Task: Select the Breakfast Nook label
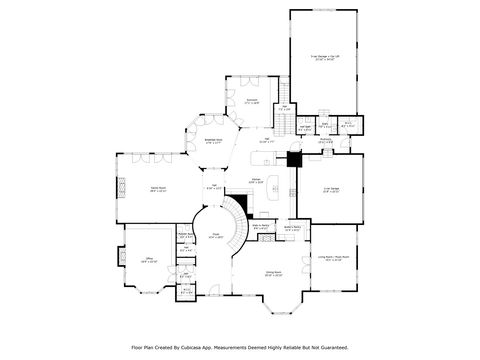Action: point(213,142)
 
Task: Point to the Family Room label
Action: point(158,187)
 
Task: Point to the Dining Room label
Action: point(273,272)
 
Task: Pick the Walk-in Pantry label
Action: point(260,226)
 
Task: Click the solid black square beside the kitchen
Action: point(294,159)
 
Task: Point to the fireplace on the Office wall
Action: point(123,257)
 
